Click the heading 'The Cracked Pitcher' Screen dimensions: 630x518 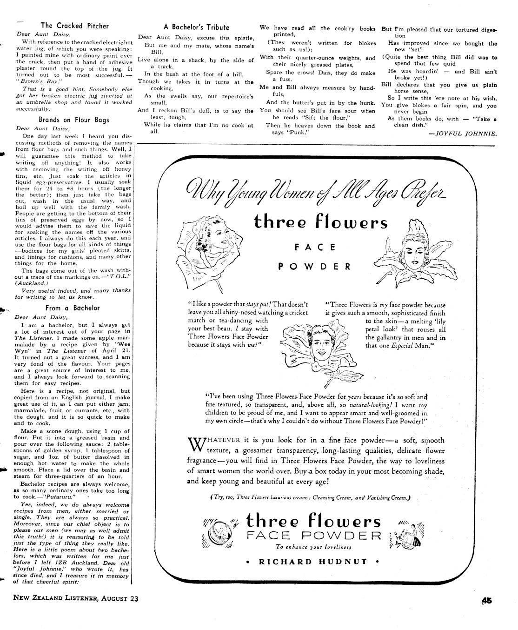tap(74, 26)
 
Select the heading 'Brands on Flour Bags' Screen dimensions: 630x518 tap(74, 120)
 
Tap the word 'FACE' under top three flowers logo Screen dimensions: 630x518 tap(314, 248)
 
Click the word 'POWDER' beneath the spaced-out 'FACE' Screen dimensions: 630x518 tap(314, 267)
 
